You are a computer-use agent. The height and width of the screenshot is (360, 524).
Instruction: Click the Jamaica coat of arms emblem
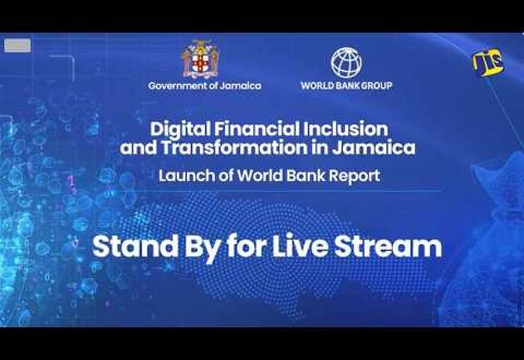200,58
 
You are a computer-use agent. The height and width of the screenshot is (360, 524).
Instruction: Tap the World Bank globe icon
346,63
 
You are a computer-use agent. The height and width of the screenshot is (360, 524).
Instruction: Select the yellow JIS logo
488,62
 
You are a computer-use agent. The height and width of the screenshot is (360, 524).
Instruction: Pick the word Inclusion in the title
345,129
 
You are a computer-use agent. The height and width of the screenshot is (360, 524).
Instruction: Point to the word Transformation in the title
234,148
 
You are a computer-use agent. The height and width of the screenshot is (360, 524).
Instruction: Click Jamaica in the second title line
374,148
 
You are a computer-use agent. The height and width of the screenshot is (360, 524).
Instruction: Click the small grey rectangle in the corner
17,45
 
